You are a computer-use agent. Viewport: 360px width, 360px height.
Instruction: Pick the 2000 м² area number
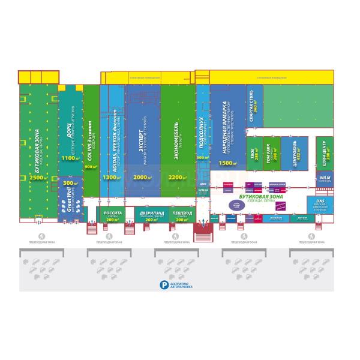(142, 178)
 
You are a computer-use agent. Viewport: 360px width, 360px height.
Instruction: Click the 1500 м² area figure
(226, 163)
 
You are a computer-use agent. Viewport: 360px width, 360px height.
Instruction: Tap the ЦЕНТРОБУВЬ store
(295, 153)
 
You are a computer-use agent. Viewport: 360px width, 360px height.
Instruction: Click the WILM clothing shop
(325, 179)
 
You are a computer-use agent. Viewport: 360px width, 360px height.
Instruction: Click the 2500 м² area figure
(38, 178)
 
